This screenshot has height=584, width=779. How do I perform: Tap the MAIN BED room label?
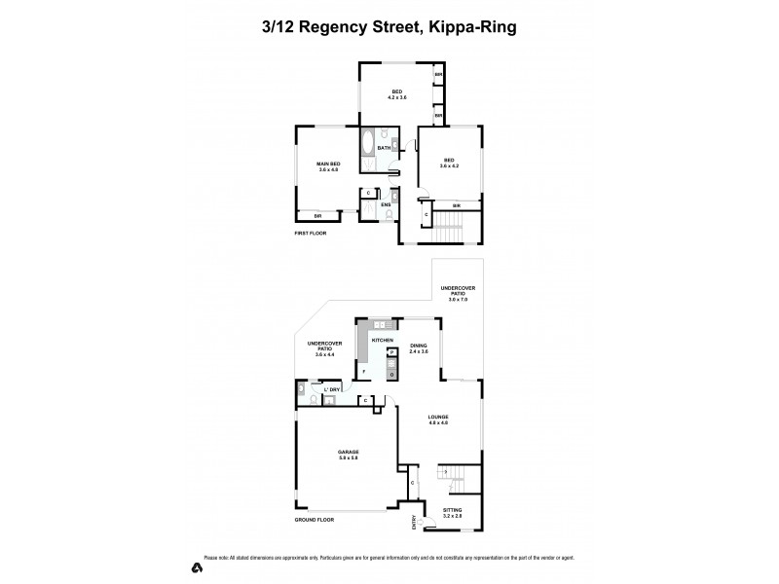click(327, 164)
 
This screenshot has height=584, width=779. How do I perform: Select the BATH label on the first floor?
click(384, 148)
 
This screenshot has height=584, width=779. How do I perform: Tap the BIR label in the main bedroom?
click(317, 214)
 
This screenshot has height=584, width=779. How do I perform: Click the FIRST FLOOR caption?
click(313, 234)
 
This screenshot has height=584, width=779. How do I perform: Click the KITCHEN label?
click(382, 339)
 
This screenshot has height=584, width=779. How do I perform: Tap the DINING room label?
click(419, 346)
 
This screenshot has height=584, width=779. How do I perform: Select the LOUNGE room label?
click(437, 417)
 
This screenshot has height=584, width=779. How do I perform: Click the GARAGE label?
click(349, 453)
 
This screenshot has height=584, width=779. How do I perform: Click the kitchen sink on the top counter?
click(378, 323)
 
